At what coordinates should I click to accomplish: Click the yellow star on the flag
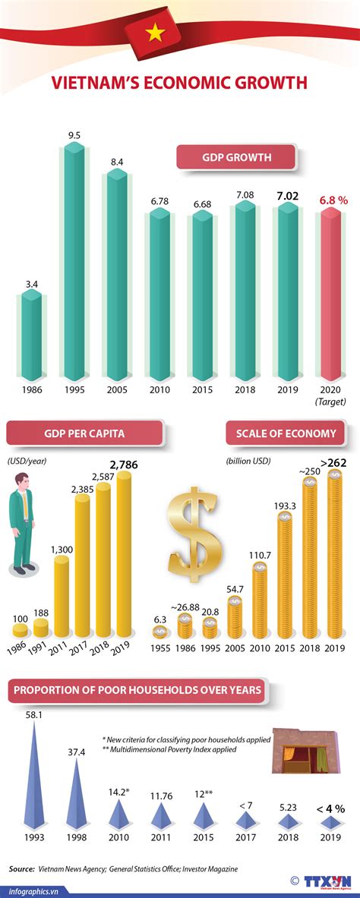[156, 32]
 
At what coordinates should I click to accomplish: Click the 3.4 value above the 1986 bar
[32, 285]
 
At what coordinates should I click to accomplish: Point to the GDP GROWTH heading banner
[237, 158]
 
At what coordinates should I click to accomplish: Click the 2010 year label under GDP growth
[159, 389]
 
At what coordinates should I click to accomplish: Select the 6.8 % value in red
[333, 200]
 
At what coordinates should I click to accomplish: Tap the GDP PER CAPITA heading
[84, 433]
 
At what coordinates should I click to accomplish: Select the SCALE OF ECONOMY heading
[286, 433]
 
